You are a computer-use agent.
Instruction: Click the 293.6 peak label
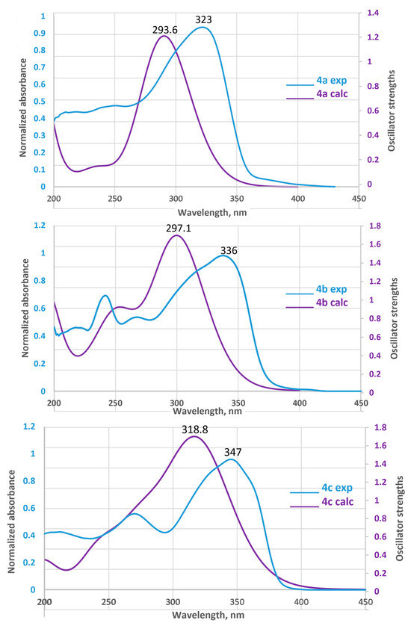click(165, 30)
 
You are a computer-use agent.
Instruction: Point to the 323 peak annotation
click(203, 19)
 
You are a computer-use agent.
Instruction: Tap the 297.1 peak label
click(179, 229)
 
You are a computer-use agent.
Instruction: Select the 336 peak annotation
click(229, 251)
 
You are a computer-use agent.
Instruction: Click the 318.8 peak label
click(195, 430)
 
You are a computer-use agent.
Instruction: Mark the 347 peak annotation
click(233, 453)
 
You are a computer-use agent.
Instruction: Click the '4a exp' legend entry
click(317, 81)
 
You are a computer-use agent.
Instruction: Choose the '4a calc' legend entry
click(317, 94)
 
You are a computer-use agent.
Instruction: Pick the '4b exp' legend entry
click(316, 289)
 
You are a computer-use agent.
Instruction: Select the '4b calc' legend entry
click(317, 303)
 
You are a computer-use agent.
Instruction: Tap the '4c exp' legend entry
click(321, 489)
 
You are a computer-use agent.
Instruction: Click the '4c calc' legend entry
click(322, 502)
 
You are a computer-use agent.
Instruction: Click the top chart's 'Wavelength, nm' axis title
click(212, 212)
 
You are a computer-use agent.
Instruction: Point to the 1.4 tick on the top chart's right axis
click(374, 13)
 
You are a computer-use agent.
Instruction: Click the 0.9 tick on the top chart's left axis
click(40, 33)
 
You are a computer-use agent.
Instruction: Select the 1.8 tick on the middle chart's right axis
click(375, 226)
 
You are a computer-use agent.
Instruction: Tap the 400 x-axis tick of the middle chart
click(300, 403)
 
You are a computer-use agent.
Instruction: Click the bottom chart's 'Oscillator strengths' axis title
click(399, 518)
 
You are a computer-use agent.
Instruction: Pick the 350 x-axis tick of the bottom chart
click(237, 602)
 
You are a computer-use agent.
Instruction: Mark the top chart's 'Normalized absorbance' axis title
click(23, 108)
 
